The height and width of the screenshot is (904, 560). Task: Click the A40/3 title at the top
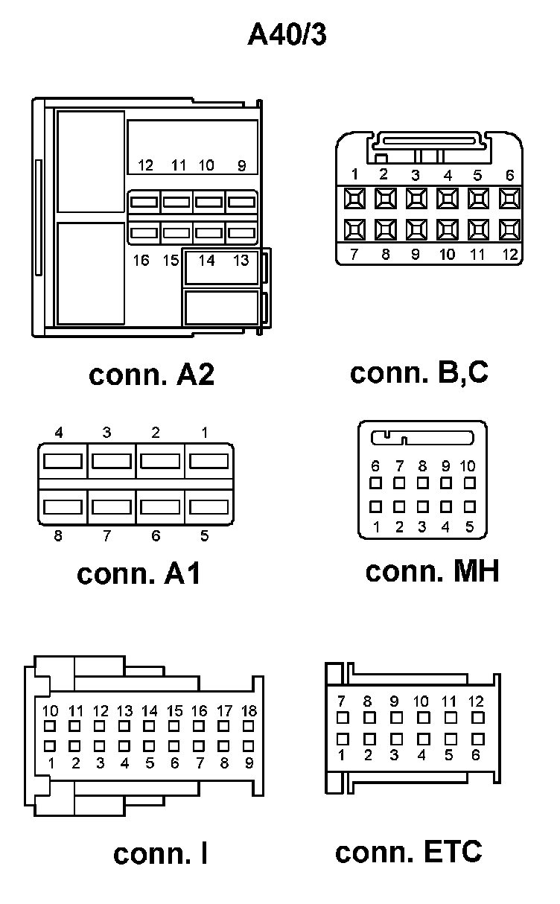click(287, 35)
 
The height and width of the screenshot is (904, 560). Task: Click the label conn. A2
click(151, 375)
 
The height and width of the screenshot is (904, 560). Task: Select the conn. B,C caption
click(419, 372)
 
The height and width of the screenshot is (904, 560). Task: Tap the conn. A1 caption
click(139, 573)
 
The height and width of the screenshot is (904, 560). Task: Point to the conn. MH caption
click(432, 571)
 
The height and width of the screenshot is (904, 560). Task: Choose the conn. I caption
click(160, 853)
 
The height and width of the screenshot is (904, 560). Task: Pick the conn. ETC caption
click(408, 852)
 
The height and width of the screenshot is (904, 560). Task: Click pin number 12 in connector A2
click(146, 165)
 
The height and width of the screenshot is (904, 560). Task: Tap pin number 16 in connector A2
click(141, 261)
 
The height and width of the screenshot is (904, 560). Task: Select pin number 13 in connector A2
click(241, 261)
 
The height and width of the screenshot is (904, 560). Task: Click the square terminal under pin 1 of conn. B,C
click(354, 198)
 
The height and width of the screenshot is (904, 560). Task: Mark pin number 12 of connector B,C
click(509, 255)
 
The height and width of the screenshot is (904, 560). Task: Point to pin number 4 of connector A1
click(58, 433)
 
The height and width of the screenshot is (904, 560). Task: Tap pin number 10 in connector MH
click(468, 466)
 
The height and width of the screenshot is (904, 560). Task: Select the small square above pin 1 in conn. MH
click(376, 507)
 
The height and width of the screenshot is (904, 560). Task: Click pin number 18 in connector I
click(249, 711)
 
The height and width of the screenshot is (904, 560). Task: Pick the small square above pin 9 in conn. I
click(249, 745)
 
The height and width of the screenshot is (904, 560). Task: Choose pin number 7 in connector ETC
click(342, 701)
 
